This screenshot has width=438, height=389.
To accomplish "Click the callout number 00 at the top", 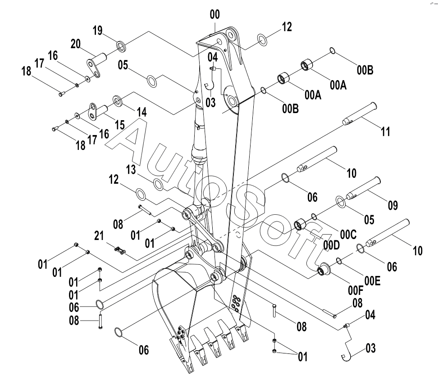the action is tap(215, 14).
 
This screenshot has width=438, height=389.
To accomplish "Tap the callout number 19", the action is tap(97, 31).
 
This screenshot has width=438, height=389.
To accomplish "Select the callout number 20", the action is tap(75, 44).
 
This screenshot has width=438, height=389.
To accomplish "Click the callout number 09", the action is tap(393, 205).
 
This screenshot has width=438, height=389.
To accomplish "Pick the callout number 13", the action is tap(131, 169).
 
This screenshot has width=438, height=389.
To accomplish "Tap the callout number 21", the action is tap(99, 236).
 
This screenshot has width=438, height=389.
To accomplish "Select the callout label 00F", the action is tap(356, 290).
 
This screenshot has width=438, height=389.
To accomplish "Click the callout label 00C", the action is tap(348, 235).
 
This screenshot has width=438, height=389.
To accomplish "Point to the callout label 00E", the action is tap(372, 281).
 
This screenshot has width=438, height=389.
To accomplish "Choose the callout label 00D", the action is tap(332, 245).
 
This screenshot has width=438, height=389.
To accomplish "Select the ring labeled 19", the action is tap(121, 46).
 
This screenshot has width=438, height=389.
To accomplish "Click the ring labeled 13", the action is tap(158, 185).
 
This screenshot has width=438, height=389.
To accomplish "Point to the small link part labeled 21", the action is tap(120, 250).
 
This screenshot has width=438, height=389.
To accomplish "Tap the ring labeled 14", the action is tap(117, 100).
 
